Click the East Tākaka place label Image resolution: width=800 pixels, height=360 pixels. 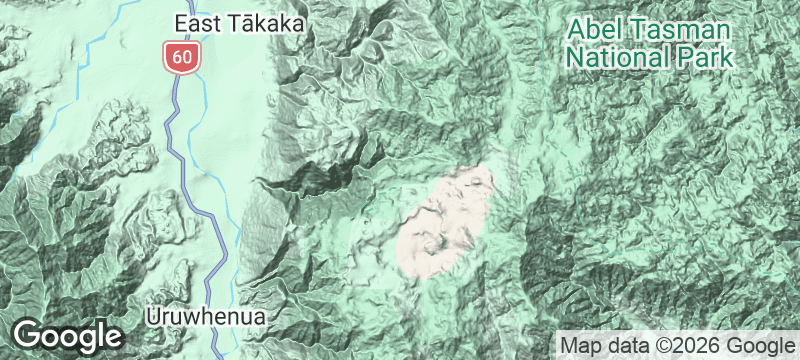(239, 23)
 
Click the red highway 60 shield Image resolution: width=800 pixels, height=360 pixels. (181, 56)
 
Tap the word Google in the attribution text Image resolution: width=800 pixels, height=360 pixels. (758, 345)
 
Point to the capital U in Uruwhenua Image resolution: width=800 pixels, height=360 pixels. (152, 316)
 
